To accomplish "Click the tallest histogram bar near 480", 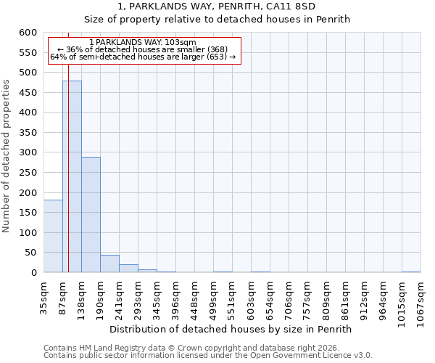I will coord(72,176).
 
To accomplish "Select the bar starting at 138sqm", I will coord(91,215).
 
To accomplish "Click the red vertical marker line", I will coord(68,152).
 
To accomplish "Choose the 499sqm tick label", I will coord(213,296).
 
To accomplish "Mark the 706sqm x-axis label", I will coord(289,296).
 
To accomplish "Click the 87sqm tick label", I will coord(62,294).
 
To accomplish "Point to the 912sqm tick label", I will coord(364,296).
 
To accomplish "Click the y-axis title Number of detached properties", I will coord(7,156).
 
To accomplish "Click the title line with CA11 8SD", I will coord(217,7).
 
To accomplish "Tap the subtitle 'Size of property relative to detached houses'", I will coord(217,20).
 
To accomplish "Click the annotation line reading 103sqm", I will coord(143,43).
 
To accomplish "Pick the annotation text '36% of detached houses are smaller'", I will coord(143,49).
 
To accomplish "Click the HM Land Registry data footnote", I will coord(191,348).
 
